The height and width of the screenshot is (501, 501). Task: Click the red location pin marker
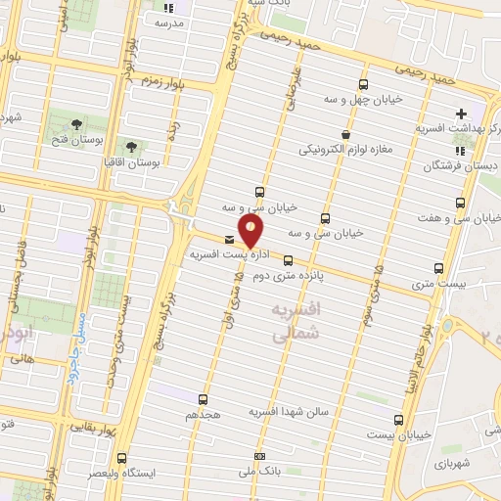point(251,231)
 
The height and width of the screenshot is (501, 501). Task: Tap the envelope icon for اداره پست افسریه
point(229,239)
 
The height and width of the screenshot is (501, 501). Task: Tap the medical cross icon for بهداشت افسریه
point(461,114)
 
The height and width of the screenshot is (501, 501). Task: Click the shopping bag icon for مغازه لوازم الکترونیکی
point(344,134)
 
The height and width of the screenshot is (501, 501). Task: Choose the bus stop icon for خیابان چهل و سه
point(364,85)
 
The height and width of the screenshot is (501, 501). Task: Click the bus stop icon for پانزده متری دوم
point(288,260)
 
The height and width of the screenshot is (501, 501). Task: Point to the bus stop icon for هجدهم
point(203,399)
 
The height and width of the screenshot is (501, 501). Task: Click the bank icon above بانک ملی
point(258,456)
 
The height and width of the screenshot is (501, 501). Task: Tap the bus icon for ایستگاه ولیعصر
point(121,458)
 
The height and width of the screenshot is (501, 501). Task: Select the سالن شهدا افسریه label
point(292,412)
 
